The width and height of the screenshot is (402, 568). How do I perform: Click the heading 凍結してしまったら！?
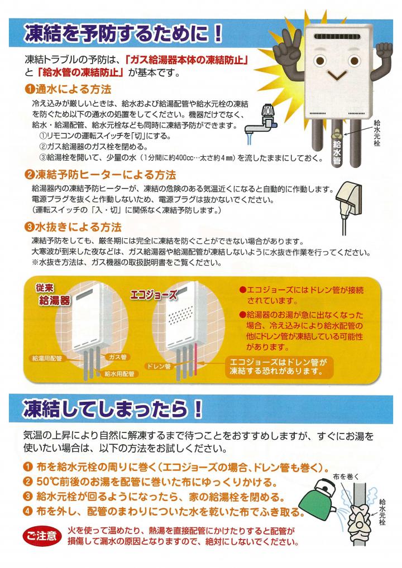(x=112, y=408)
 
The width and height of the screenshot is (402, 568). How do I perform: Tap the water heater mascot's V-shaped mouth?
(x=337, y=75)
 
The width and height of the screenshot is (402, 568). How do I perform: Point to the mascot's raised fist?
(x=384, y=50)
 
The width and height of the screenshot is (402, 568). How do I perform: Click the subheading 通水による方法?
(x=68, y=89)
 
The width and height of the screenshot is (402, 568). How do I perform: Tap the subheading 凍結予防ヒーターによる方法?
(x=100, y=175)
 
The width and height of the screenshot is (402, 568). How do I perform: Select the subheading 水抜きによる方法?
(x=73, y=227)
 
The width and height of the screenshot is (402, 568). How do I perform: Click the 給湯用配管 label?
(x=47, y=359)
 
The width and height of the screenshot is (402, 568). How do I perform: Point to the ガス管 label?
(x=118, y=357)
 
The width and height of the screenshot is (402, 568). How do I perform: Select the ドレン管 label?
(x=159, y=366)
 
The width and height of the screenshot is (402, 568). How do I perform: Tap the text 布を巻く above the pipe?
(x=346, y=476)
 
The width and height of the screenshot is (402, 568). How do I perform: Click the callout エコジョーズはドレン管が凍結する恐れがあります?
(x=279, y=366)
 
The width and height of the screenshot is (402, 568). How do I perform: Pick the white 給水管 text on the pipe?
(x=337, y=152)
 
